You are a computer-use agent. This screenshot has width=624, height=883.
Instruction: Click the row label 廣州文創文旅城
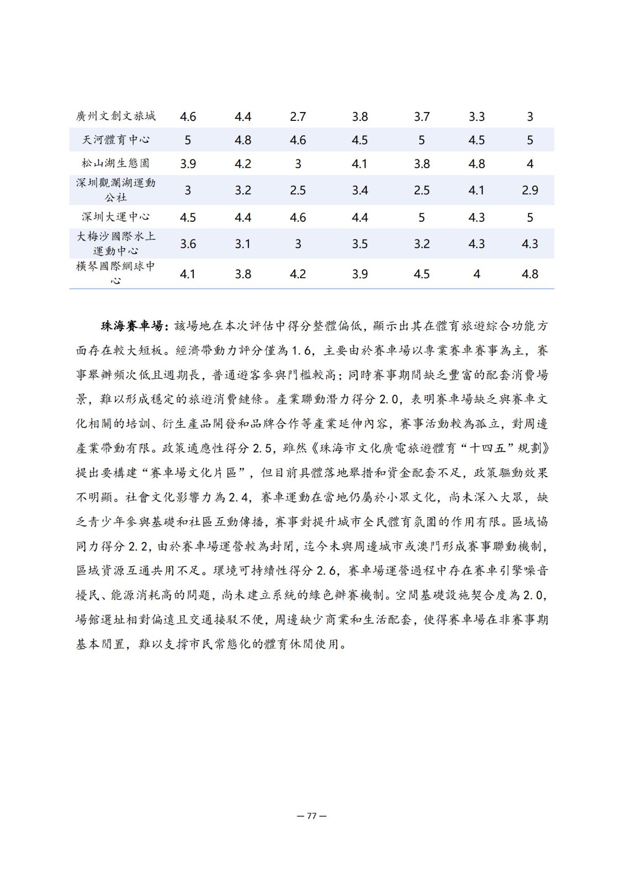(115, 116)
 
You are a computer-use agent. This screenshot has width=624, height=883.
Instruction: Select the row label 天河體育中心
(115, 140)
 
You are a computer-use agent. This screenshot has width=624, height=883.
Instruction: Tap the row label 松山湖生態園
(115, 163)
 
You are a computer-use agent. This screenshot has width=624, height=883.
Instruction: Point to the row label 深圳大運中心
(115, 217)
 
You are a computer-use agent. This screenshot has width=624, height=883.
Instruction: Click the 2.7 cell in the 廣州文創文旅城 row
(298, 116)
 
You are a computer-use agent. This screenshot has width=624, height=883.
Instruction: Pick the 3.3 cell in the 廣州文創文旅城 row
(477, 116)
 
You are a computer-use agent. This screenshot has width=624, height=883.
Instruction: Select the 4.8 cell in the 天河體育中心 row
(243, 140)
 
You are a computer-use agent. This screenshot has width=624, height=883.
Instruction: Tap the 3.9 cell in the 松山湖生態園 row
(188, 164)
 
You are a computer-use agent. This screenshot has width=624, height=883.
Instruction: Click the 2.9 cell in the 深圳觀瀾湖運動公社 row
(530, 190)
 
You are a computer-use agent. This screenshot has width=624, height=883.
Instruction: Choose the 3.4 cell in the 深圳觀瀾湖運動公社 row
(359, 190)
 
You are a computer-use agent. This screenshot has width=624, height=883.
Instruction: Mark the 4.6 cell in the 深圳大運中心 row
(298, 217)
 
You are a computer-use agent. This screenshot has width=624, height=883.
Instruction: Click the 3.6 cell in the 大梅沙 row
(188, 244)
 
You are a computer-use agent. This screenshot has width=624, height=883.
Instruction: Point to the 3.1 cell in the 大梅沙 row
(243, 244)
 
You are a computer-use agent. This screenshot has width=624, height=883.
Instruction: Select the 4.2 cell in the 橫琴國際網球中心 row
(298, 274)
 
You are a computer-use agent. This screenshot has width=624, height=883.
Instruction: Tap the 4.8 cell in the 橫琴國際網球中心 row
(530, 274)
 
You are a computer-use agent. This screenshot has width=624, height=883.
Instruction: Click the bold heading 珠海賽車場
(131, 326)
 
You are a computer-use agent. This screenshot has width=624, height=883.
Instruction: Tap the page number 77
(311, 816)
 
